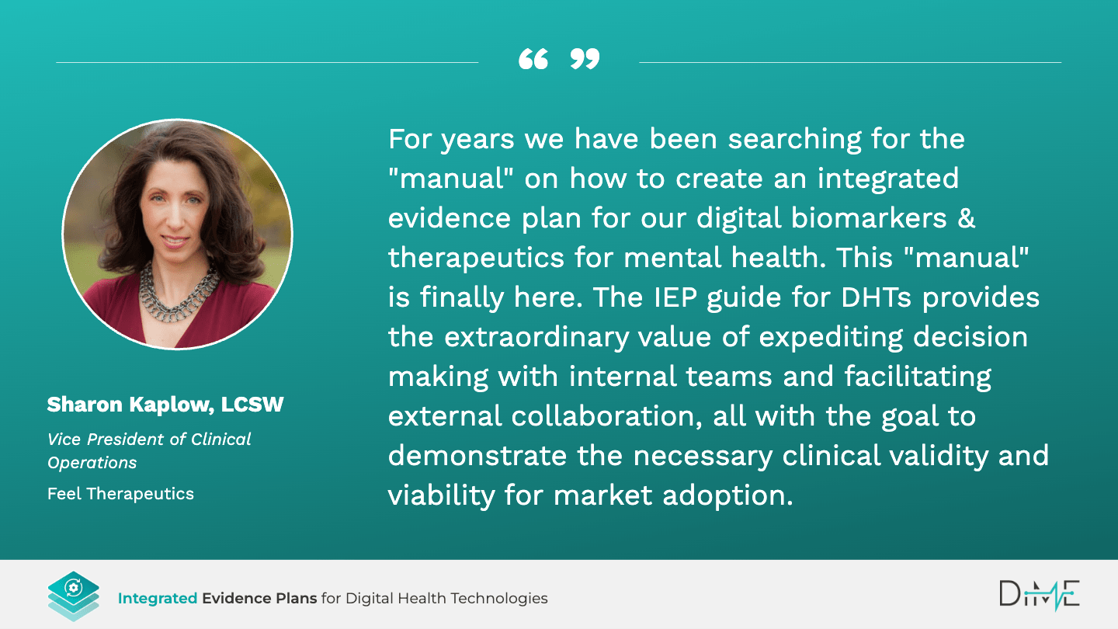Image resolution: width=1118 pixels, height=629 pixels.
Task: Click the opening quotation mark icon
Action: (533, 59)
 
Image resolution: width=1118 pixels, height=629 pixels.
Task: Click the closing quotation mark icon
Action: (585, 59)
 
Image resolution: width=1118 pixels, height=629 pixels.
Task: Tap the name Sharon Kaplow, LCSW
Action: (165, 405)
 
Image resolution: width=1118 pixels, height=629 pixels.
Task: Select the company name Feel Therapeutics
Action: (120, 494)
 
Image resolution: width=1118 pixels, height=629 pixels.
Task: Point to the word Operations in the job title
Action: (92, 463)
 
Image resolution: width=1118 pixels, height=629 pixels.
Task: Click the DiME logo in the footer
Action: (1039, 595)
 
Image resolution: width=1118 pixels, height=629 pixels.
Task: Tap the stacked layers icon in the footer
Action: (73, 596)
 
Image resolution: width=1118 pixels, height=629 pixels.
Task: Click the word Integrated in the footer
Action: (157, 598)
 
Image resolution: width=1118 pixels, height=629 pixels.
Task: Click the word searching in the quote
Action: (794, 140)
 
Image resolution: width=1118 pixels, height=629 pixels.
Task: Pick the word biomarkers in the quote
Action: (869, 218)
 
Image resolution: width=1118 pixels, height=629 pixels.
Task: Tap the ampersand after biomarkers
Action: (967, 219)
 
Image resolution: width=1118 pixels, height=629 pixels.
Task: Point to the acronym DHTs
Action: (876, 298)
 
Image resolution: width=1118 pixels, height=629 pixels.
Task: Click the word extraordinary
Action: (536, 338)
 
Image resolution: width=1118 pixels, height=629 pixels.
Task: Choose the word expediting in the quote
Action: (831, 338)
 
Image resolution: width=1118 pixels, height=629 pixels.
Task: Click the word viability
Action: (441, 495)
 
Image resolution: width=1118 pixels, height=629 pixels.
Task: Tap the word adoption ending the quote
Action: (727, 495)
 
